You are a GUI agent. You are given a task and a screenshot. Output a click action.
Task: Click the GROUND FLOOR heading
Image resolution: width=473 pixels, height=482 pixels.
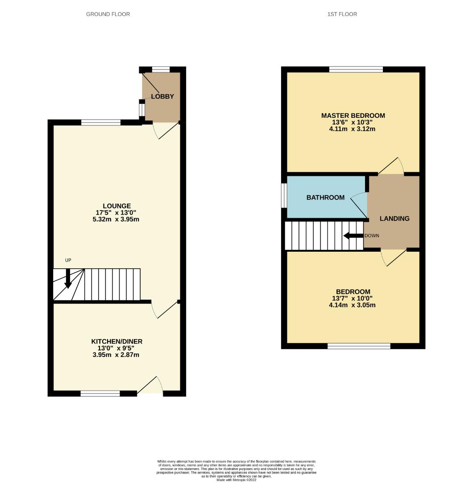click(108, 14)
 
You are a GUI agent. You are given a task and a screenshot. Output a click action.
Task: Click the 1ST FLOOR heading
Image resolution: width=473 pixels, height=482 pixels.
click(342, 14)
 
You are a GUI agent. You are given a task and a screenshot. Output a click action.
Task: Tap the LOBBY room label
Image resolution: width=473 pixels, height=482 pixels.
click(162, 97)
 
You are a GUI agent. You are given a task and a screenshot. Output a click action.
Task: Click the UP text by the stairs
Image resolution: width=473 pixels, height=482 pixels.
click(68, 260)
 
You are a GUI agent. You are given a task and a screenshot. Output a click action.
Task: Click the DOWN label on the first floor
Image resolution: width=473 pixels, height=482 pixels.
click(372, 236)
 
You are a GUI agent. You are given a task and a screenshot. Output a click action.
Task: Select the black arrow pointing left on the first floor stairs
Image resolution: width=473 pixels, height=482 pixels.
click(353, 236)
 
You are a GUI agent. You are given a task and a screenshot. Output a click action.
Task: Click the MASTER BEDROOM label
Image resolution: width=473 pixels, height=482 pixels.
click(353, 116)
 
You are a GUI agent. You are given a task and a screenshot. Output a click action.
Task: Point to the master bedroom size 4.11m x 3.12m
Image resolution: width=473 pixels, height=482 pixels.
click(353, 129)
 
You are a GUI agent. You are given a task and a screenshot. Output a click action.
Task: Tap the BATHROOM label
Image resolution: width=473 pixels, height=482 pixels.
click(325, 197)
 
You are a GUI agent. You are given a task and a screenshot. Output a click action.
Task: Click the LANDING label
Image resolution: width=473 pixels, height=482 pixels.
click(394, 219)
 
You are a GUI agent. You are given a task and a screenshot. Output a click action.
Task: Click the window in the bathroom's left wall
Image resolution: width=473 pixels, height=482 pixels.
click(284, 195)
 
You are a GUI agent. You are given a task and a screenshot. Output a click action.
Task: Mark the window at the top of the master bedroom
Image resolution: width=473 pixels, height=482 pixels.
click(356, 69)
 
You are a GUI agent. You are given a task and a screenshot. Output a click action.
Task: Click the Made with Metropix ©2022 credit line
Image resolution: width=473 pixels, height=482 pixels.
click(236, 480)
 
